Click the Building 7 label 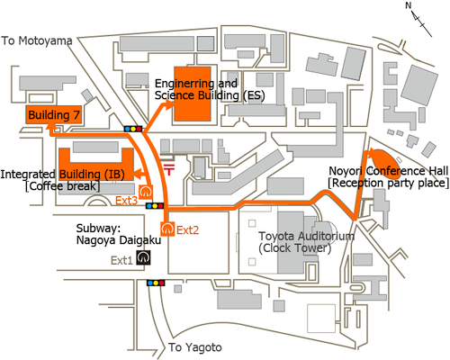[x=54, y=115]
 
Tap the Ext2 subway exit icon [x=167, y=229]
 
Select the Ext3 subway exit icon [x=146, y=192]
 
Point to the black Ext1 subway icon [x=143, y=257]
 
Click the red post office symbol [x=169, y=169]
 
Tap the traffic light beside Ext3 [x=155, y=206]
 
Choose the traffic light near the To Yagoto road [x=156, y=283]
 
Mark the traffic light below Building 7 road [x=133, y=129]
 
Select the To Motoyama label [x=37, y=40]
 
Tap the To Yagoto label [x=195, y=347]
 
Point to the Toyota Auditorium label [x=306, y=236]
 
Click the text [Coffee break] [x=62, y=186]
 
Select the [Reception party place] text [x=389, y=183]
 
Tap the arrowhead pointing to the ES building [x=168, y=105]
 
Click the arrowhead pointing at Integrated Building [x=138, y=174]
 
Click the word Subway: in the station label [x=98, y=229]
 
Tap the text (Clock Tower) [x=295, y=248]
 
